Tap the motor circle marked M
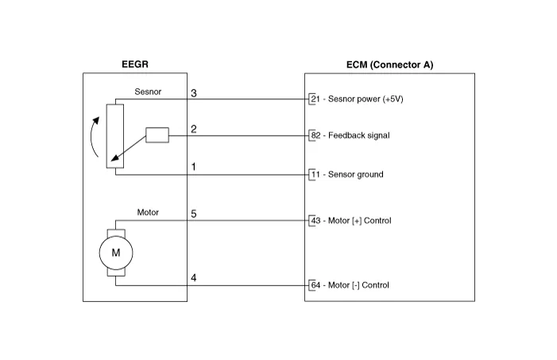pos(115,253)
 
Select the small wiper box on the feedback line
pos(157,135)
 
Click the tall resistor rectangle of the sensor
pos(115,134)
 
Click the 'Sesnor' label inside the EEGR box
pos(147,92)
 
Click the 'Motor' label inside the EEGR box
pos(148,212)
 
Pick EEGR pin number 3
pos(194,94)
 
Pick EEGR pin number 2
pos(194,129)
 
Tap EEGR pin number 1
pos(194,167)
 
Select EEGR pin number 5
pos(194,214)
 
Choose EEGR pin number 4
pos(194,277)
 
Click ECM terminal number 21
pos(315,99)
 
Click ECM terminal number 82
pos(315,136)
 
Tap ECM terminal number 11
pos(315,174)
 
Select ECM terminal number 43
pos(315,220)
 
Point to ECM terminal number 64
pos(315,285)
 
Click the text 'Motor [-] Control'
pos(359,285)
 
